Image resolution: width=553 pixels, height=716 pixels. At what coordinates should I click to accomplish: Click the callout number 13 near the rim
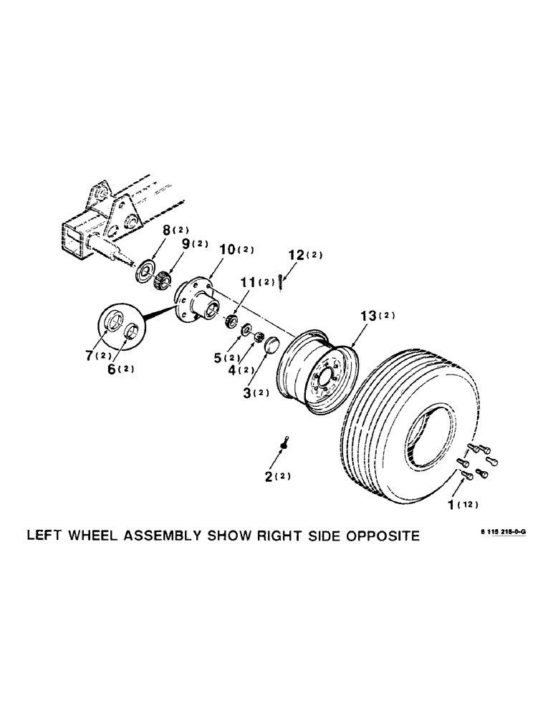pos(358,316)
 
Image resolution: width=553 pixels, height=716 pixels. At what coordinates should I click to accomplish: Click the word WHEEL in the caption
pos(98,536)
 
